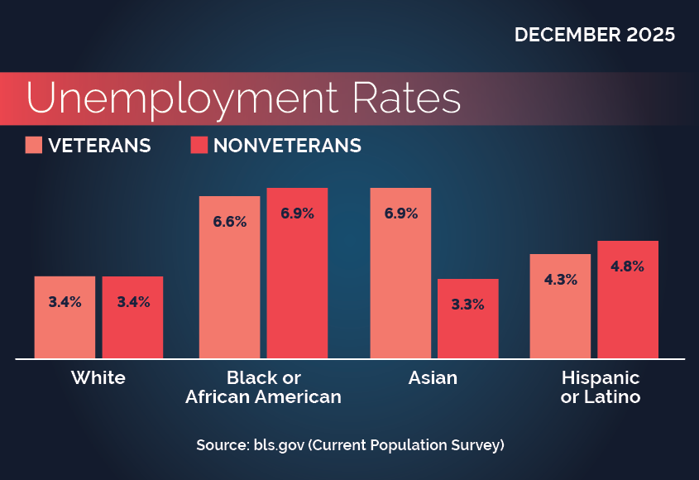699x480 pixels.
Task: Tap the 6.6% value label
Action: coord(230,222)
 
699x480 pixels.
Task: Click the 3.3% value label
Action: coord(467,305)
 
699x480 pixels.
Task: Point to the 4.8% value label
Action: coord(628,266)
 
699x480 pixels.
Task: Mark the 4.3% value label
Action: coord(560,280)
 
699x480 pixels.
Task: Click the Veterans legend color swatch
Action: coord(33,146)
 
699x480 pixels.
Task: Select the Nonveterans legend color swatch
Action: coord(199,146)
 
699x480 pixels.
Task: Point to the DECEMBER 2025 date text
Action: coord(594,36)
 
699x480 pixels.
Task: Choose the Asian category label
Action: coord(433,378)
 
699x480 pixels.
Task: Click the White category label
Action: coord(98,378)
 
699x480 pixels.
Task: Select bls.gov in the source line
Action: coord(274,445)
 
